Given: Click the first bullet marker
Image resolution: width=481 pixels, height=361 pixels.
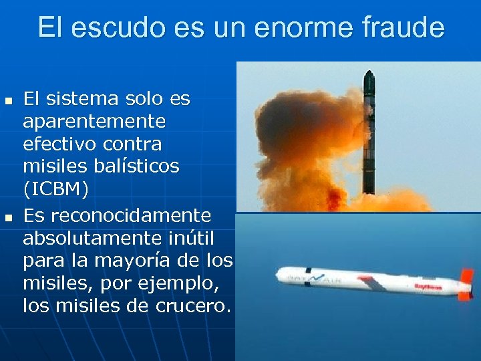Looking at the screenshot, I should pos(8,102).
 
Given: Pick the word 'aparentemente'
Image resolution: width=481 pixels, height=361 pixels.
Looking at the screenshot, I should pos(94,122).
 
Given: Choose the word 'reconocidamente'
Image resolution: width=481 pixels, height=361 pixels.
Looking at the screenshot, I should pos(117,216).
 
